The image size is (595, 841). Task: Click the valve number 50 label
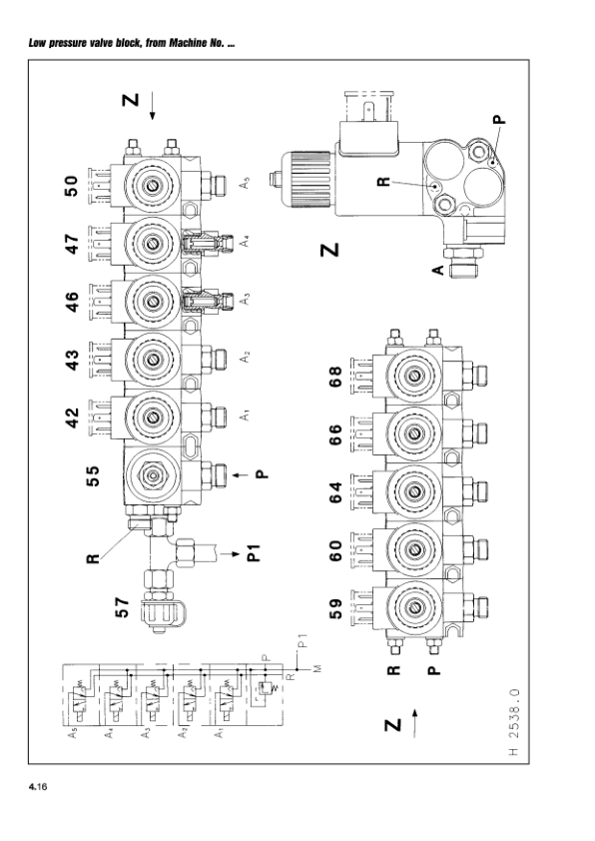point(72,186)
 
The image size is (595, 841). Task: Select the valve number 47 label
point(72,244)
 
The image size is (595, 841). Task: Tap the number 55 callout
point(93,475)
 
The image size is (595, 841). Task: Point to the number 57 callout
point(123,607)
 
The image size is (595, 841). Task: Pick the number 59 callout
point(335,608)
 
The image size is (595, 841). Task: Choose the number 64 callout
point(335,492)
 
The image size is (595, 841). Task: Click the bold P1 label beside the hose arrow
point(254,553)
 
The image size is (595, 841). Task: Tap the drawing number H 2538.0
point(513,722)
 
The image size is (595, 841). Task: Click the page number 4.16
point(38,787)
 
